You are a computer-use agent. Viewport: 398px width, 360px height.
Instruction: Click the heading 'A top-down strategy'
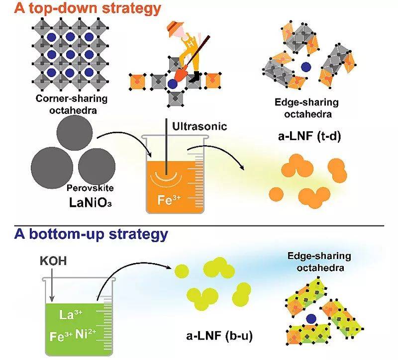tap(81, 8)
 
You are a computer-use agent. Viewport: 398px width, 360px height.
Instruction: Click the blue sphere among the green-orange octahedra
tap(311, 319)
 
